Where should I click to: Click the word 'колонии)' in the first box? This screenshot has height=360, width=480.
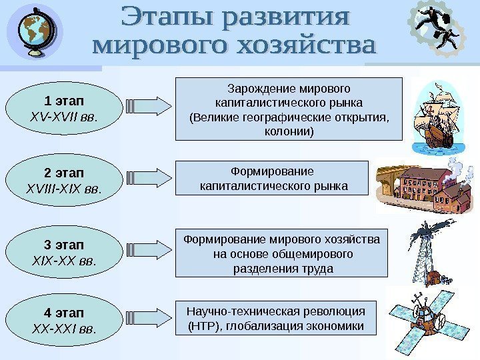coord(289,132)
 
